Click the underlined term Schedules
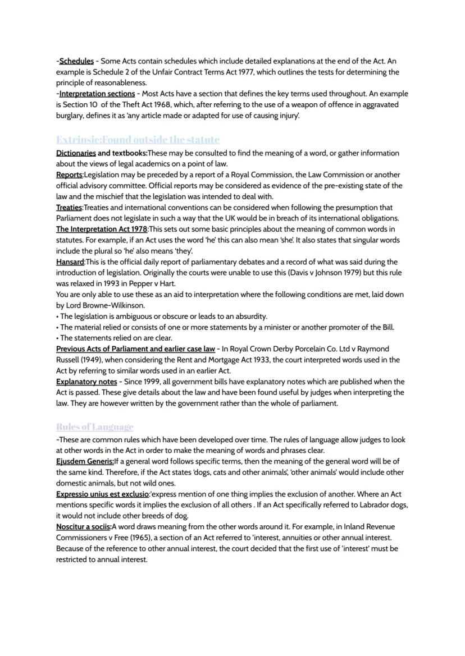76,61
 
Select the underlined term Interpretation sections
97,94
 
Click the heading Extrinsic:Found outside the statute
138,139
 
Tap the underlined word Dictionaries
75,153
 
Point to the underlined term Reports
69,175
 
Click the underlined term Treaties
69,208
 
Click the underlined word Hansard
70,262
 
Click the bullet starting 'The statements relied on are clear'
115,338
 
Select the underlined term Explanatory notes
86,382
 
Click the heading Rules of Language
94,426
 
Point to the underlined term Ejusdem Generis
84,461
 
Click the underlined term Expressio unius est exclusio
102,494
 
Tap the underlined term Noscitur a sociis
83,527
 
